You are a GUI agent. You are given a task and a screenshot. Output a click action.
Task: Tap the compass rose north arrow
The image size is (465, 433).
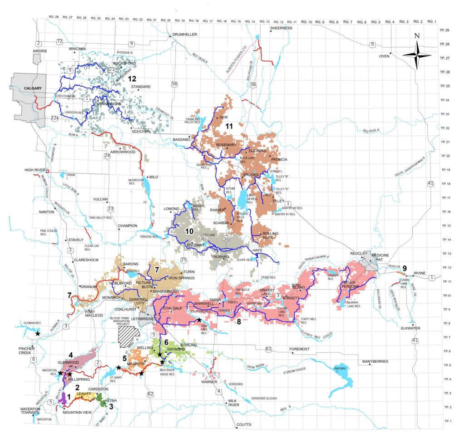[x=417, y=55]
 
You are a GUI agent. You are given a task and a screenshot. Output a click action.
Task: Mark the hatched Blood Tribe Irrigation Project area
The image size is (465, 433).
[x=128, y=335]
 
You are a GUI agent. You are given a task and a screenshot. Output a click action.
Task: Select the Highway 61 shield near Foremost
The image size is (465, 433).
[x=268, y=349]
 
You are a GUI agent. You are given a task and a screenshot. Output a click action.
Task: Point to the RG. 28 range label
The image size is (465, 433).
[x=54, y=17]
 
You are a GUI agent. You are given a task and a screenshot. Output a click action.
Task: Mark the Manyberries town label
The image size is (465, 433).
[x=376, y=361]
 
